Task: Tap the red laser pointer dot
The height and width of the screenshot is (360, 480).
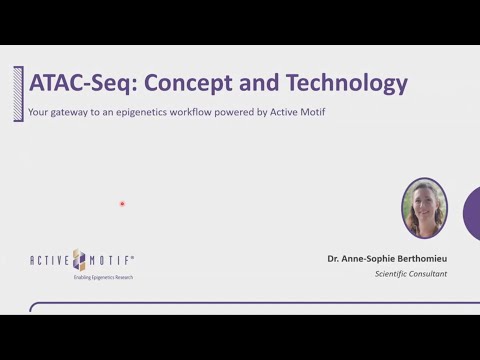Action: click(x=122, y=204)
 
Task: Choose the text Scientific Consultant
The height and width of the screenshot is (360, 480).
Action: click(x=411, y=274)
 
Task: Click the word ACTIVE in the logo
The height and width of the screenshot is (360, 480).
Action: click(x=51, y=260)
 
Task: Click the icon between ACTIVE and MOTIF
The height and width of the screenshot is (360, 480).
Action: click(x=81, y=259)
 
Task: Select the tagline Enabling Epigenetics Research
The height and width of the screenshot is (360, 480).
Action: click(x=103, y=277)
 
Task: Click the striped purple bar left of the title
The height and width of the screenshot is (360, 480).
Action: click(x=18, y=93)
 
